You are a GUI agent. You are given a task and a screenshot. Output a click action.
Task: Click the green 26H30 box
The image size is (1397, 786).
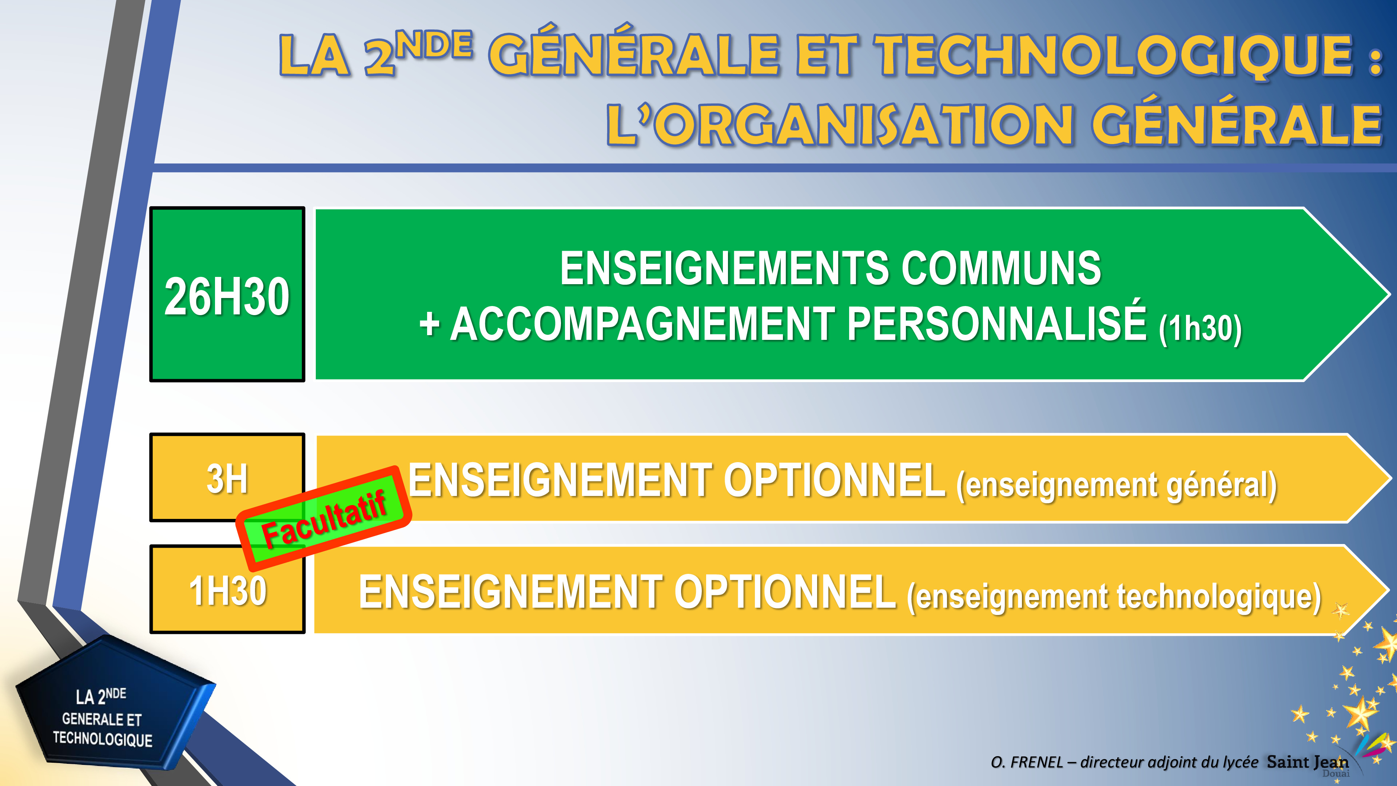(227, 294)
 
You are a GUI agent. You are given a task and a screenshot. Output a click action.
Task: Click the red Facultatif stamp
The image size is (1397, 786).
(324, 518)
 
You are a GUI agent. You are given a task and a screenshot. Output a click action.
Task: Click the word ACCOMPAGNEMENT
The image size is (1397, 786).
(642, 324)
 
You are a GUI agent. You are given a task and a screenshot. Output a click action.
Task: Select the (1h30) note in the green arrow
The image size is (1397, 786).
(1199, 328)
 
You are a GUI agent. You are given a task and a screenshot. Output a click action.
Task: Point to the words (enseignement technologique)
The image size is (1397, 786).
(1114, 597)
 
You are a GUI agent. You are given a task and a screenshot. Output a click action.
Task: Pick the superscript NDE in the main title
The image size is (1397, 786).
(434, 45)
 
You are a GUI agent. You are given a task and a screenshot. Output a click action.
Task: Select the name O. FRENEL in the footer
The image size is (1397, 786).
(1027, 762)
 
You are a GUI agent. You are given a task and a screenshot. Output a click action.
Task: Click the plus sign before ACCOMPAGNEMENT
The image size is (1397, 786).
(429, 324)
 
